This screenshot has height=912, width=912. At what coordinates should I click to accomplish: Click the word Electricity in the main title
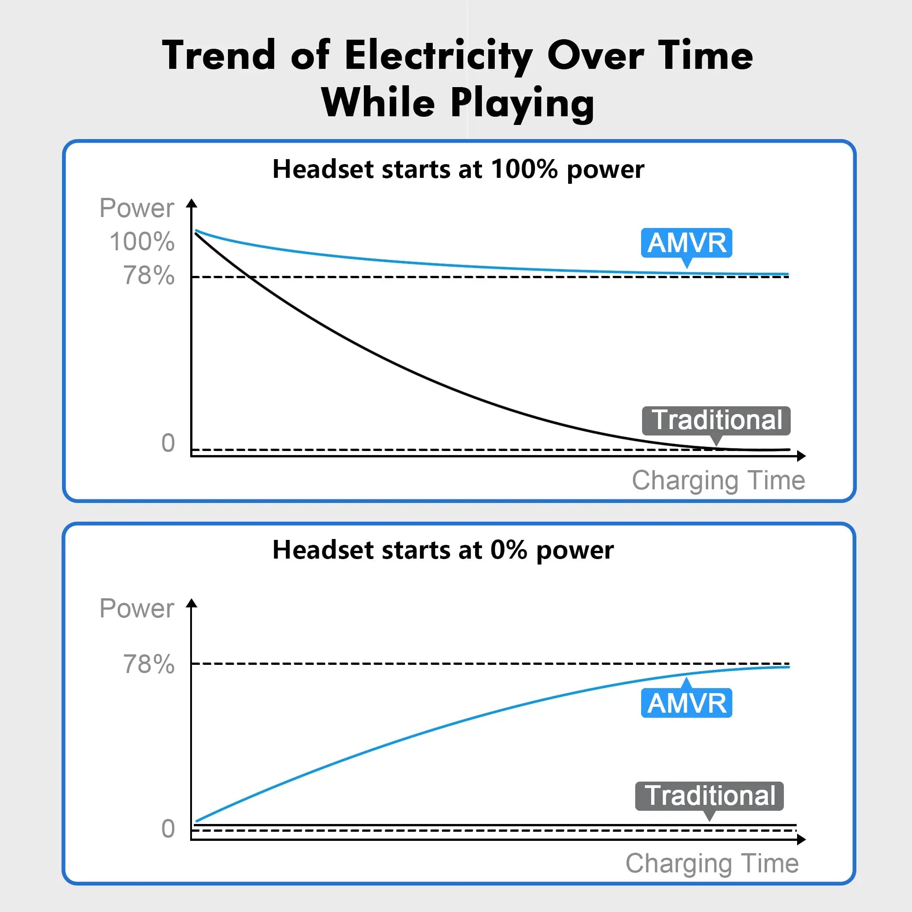click(438, 56)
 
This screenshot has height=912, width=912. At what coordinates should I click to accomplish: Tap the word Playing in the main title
click(522, 103)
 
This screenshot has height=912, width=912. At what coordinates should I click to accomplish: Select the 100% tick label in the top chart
click(142, 241)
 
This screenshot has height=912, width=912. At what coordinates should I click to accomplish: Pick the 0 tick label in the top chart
click(168, 443)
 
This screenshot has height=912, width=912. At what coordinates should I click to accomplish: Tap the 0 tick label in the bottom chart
click(168, 829)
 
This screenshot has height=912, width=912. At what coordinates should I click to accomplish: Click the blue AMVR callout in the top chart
click(686, 243)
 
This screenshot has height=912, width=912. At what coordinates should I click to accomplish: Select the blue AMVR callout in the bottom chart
click(686, 703)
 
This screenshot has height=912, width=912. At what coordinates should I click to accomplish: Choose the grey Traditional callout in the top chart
click(716, 420)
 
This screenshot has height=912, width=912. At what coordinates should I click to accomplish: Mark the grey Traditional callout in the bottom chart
click(710, 796)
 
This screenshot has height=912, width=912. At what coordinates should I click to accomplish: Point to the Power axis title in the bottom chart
click(137, 608)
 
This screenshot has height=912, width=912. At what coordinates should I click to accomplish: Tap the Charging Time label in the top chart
click(719, 481)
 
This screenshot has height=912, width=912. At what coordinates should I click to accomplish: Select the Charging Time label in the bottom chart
click(712, 863)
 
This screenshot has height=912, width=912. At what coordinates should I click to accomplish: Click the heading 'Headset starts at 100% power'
click(458, 169)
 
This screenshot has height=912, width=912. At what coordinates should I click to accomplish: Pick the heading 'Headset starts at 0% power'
click(443, 550)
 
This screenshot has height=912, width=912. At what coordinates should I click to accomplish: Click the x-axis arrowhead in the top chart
click(801, 456)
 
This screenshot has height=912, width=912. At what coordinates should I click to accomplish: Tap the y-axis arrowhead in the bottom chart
click(191, 603)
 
